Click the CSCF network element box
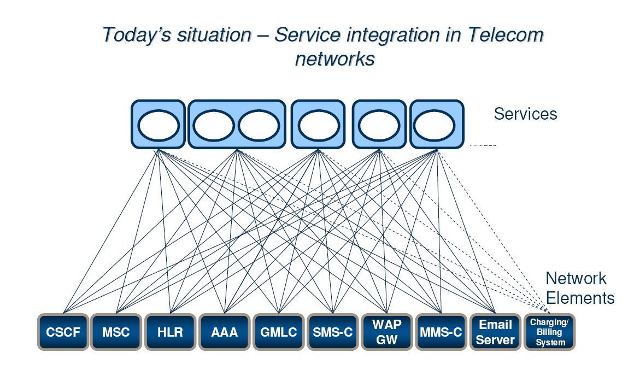(x=62, y=332)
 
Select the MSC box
(x=116, y=332)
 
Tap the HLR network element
(x=170, y=332)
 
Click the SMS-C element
(x=332, y=332)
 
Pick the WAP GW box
(x=386, y=332)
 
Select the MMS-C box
(x=441, y=332)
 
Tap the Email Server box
(x=496, y=332)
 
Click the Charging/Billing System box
(x=550, y=332)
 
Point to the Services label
(x=525, y=114)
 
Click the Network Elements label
(x=580, y=288)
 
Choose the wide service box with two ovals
(x=236, y=124)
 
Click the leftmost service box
(x=157, y=124)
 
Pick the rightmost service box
(x=437, y=124)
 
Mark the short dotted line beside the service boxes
(x=483, y=146)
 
